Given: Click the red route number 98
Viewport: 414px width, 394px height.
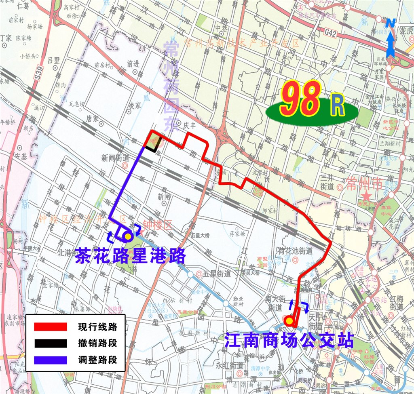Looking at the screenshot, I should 300,99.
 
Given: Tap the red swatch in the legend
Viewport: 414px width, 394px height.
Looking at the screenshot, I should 50,327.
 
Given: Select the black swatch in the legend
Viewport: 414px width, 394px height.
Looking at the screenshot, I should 50,343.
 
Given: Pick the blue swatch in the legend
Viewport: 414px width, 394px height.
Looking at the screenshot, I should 50,359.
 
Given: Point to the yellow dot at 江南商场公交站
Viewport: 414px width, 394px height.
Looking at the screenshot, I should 289,321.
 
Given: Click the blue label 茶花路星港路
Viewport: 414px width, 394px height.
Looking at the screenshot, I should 130,255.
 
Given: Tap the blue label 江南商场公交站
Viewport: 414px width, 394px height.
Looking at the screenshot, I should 289,340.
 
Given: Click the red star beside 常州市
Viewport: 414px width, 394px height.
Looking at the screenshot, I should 367,196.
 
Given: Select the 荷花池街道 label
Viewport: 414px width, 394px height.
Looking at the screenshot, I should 296,251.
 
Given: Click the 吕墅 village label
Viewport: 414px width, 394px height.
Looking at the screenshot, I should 53,60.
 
